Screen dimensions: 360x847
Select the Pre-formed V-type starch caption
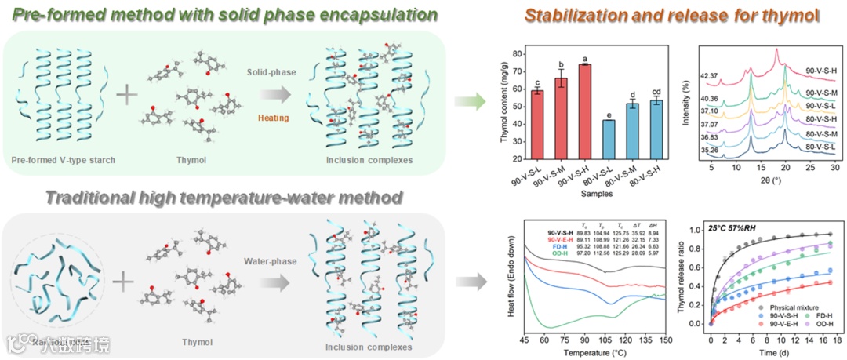coord(64,161)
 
